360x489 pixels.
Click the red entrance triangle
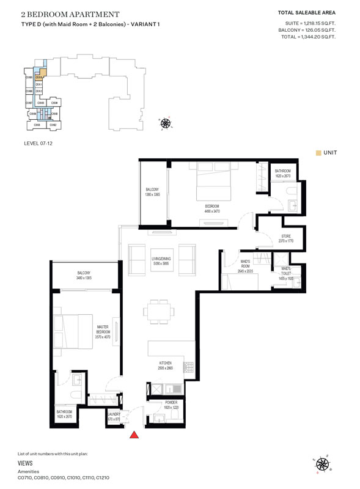[x=134, y=435]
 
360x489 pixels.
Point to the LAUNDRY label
[x=114, y=414]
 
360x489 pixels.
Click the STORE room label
[x=285, y=236]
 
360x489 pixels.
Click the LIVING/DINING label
[x=162, y=259]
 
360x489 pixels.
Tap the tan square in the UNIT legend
[x=318, y=153]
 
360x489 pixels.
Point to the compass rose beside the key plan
[x=165, y=124]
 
